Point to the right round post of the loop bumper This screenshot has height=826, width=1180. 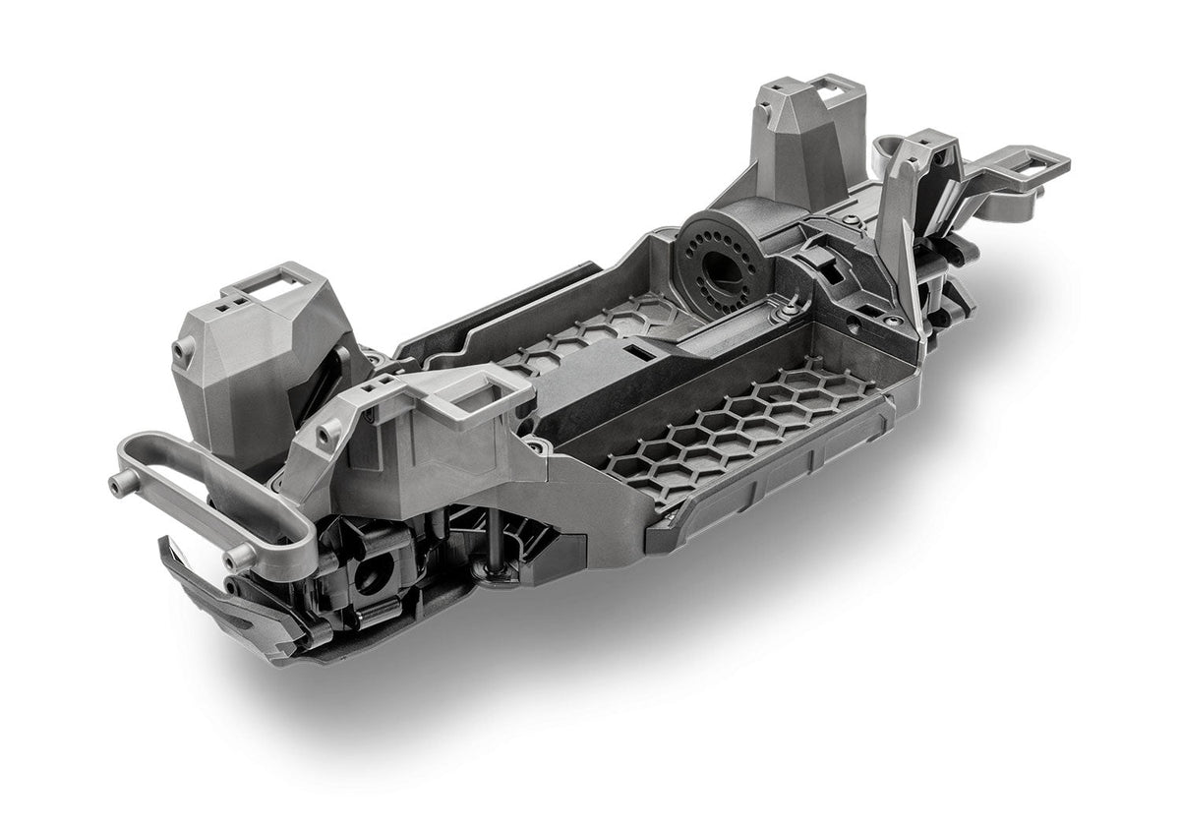(234, 559)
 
